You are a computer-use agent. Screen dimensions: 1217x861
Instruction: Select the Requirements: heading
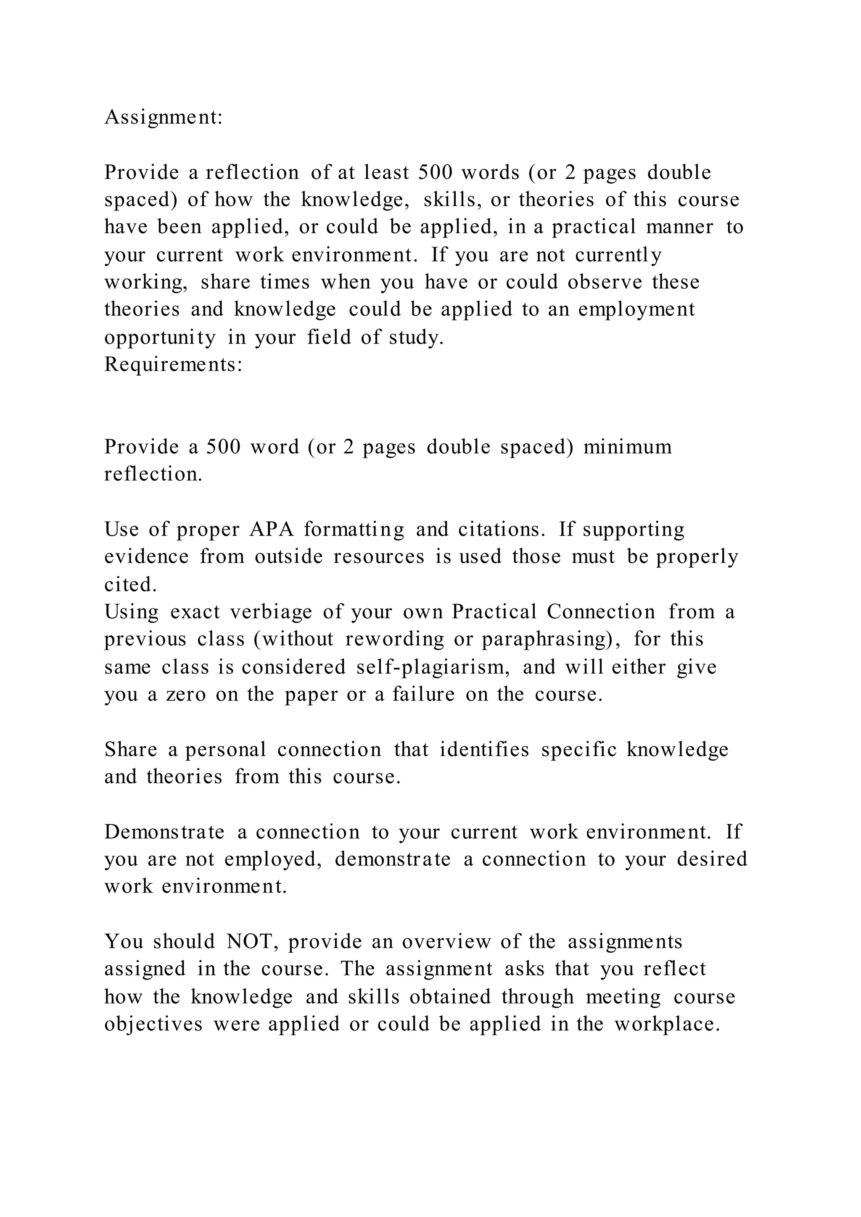(x=173, y=365)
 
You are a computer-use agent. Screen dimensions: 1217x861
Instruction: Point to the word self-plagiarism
(x=433, y=667)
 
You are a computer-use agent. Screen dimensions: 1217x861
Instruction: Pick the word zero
(x=185, y=694)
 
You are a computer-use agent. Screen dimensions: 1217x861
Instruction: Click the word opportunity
(x=160, y=337)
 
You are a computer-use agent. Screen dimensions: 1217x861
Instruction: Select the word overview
(x=446, y=942)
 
